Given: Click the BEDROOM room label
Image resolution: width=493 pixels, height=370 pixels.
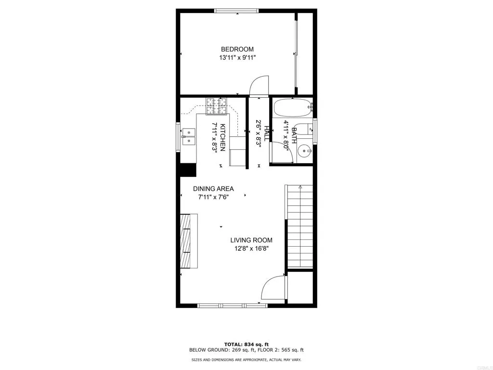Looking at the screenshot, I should [237, 49].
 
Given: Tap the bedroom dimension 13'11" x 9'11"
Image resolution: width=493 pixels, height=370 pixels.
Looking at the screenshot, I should [237, 58].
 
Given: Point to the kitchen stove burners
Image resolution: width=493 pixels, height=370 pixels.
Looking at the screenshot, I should [216, 106].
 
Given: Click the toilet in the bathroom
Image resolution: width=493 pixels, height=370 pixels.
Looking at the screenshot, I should [303, 129].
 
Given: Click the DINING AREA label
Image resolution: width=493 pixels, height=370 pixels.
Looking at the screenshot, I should [213, 189].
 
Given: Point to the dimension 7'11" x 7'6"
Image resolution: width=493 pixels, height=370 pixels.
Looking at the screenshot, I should [213, 197].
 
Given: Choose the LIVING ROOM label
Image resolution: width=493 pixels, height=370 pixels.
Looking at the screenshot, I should [251, 240].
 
